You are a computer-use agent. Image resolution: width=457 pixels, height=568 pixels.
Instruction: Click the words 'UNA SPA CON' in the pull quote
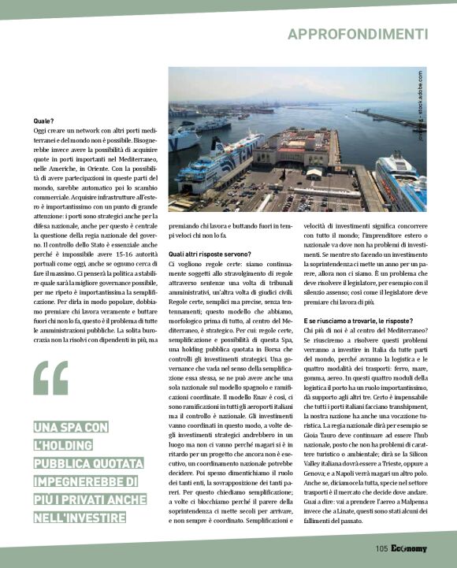click(70, 428)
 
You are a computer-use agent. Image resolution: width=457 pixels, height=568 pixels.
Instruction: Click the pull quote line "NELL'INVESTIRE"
click(79, 517)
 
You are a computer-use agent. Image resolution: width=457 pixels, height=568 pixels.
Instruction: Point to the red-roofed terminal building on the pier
click(295, 150)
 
